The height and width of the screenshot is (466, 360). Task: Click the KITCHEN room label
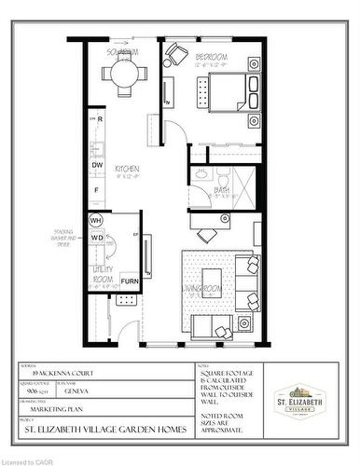point(128,168)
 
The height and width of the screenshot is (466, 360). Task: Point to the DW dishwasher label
point(97,165)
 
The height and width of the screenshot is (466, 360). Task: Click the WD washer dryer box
point(96,238)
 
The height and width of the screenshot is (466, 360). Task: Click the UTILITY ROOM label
point(102,274)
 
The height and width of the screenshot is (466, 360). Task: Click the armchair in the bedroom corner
point(175,56)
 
